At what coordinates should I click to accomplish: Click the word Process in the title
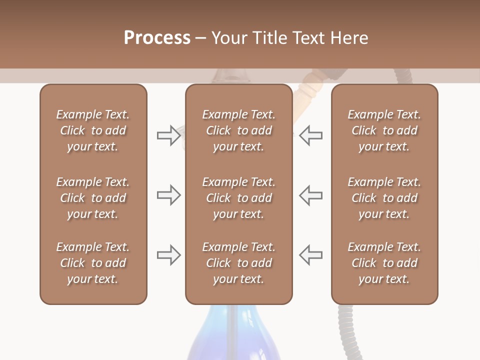[x=157, y=38]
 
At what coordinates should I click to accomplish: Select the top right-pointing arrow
[x=168, y=135]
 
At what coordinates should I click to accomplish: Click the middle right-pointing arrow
[x=168, y=195]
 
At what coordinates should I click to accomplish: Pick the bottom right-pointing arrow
[x=168, y=255]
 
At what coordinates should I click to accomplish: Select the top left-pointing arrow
[x=310, y=135]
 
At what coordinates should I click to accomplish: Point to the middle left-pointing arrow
[x=310, y=195]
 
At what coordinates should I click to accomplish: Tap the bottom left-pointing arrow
[x=310, y=255]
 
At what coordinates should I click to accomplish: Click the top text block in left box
[x=93, y=130]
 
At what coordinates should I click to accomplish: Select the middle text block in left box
[x=93, y=198]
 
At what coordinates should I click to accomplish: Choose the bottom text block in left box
[x=93, y=263]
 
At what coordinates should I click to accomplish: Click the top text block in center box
[x=238, y=130]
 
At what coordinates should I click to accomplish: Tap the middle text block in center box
[x=238, y=198]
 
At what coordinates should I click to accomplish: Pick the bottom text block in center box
[x=238, y=263]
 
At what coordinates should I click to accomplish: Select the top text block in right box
[x=384, y=130]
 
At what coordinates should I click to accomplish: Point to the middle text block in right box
[x=384, y=198]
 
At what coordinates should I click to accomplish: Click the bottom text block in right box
[x=384, y=263]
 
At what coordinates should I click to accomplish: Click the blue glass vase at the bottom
[x=235, y=335]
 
